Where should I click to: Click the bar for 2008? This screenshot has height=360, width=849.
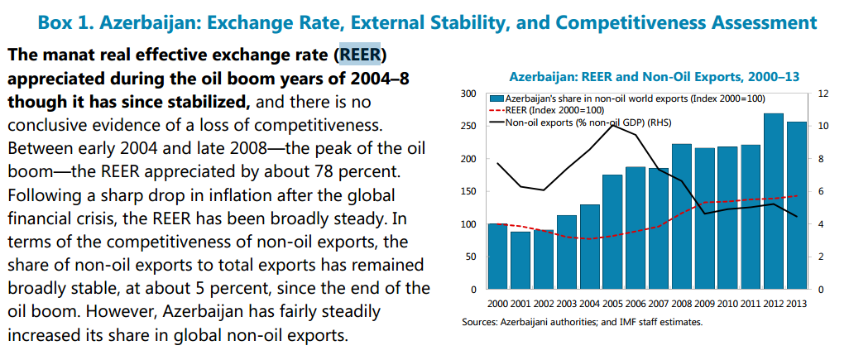(681, 217)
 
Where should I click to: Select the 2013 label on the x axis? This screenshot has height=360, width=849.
(796, 302)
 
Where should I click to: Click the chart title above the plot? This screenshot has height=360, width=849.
(653, 77)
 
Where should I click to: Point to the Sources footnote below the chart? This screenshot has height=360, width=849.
(582, 321)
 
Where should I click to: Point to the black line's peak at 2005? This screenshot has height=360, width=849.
(612, 124)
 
